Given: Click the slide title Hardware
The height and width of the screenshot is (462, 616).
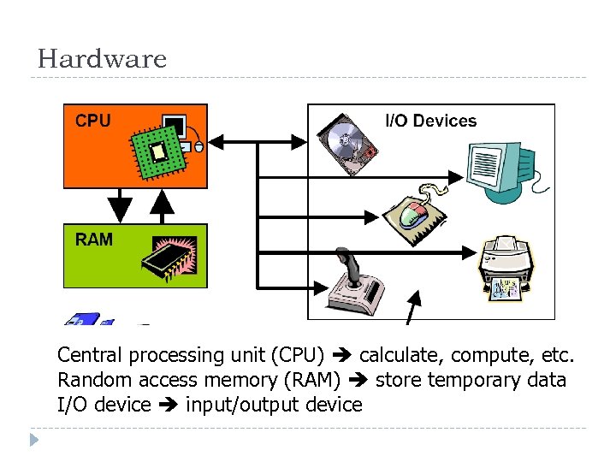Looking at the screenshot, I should coord(102,59).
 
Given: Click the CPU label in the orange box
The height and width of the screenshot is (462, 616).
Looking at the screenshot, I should coord(92,121).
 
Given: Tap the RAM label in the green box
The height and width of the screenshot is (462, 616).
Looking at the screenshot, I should coord(93,240).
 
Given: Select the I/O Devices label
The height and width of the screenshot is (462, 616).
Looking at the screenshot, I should coord(431,121).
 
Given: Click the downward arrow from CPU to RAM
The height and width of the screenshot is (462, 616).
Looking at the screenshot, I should coord(121,205).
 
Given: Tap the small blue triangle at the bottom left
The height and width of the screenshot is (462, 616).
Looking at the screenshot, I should coord(33,441).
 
